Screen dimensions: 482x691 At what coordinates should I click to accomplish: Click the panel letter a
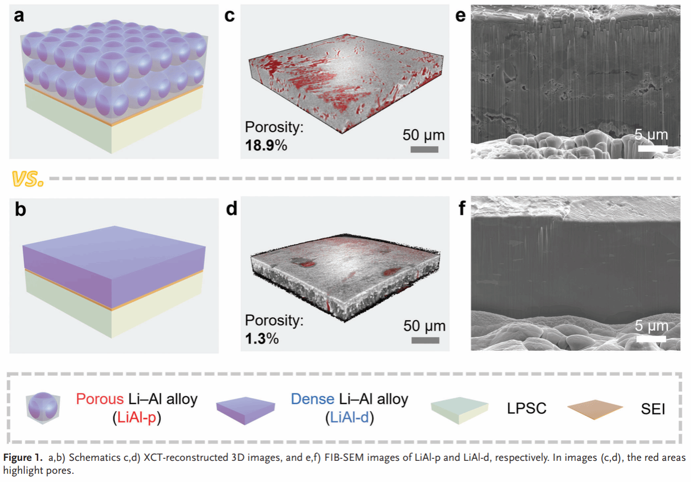[x=19, y=15]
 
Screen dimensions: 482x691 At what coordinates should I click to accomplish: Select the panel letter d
[x=231, y=209]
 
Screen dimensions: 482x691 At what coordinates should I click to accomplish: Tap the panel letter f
[x=462, y=208]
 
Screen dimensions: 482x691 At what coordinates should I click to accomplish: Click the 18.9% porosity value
[x=266, y=145]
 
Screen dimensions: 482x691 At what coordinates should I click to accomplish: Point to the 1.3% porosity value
[x=262, y=338]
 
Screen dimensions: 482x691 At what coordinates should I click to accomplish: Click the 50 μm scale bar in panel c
[x=424, y=149]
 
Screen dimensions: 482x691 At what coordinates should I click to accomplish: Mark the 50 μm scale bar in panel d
[x=425, y=340]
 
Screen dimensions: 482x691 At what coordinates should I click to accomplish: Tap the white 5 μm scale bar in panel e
[x=652, y=148]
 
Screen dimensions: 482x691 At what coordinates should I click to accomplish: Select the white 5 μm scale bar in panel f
[x=651, y=339]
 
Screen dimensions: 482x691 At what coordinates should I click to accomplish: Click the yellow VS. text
[x=27, y=179]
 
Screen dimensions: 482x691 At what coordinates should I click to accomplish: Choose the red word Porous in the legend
[x=100, y=399]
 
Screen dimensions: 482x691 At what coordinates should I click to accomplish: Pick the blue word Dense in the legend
[x=312, y=399]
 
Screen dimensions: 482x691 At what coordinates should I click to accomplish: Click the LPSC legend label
[x=527, y=408]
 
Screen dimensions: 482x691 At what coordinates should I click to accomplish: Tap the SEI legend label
[x=653, y=409]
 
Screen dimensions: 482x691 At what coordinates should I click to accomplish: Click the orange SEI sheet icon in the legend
[x=595, y=409]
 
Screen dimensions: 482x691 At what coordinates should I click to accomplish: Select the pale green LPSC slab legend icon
[x=460, y=410]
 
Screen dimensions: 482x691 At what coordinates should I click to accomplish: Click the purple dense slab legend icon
[x=246, y=410]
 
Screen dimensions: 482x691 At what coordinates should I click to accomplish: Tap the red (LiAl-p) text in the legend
[x=137, y=417]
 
